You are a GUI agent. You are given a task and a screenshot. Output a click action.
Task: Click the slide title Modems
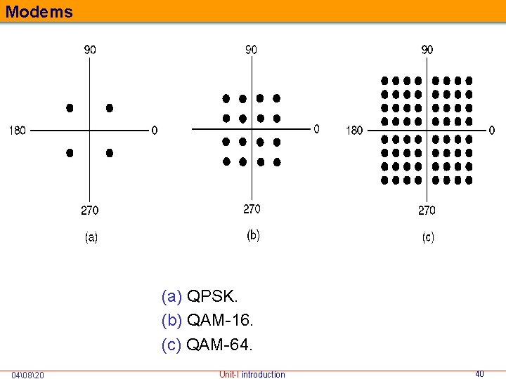(38, 11)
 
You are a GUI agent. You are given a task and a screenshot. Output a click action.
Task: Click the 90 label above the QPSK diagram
(91, 50)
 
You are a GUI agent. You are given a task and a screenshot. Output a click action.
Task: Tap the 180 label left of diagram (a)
(18, 131)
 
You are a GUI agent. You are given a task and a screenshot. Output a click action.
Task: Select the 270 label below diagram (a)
(89, 210)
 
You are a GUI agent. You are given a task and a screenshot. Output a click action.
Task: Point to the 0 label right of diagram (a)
(155, 131)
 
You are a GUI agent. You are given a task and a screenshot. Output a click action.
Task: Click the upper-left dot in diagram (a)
(70, 108)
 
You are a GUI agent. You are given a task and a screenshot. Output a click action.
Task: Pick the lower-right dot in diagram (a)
(110, 152)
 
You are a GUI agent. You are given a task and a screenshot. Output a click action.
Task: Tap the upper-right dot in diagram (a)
(110, 108)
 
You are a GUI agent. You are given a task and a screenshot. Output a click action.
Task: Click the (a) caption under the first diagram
(91, 238)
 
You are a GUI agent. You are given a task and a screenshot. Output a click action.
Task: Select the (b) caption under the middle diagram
(253, 236)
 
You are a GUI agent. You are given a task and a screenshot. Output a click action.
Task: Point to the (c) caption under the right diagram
(427, 238)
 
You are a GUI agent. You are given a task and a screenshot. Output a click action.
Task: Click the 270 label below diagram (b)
(252, 208)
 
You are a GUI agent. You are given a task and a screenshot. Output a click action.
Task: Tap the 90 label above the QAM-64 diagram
(427, 50)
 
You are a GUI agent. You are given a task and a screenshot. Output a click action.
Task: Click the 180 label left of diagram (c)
(354, 131)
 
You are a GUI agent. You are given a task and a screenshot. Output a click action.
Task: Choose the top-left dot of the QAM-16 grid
(226, 98)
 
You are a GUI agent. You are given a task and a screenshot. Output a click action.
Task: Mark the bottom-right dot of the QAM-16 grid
(277, 162)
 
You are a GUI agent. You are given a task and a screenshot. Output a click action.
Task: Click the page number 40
(480, 374)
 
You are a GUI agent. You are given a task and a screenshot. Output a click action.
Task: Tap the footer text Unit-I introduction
(252, 374)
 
